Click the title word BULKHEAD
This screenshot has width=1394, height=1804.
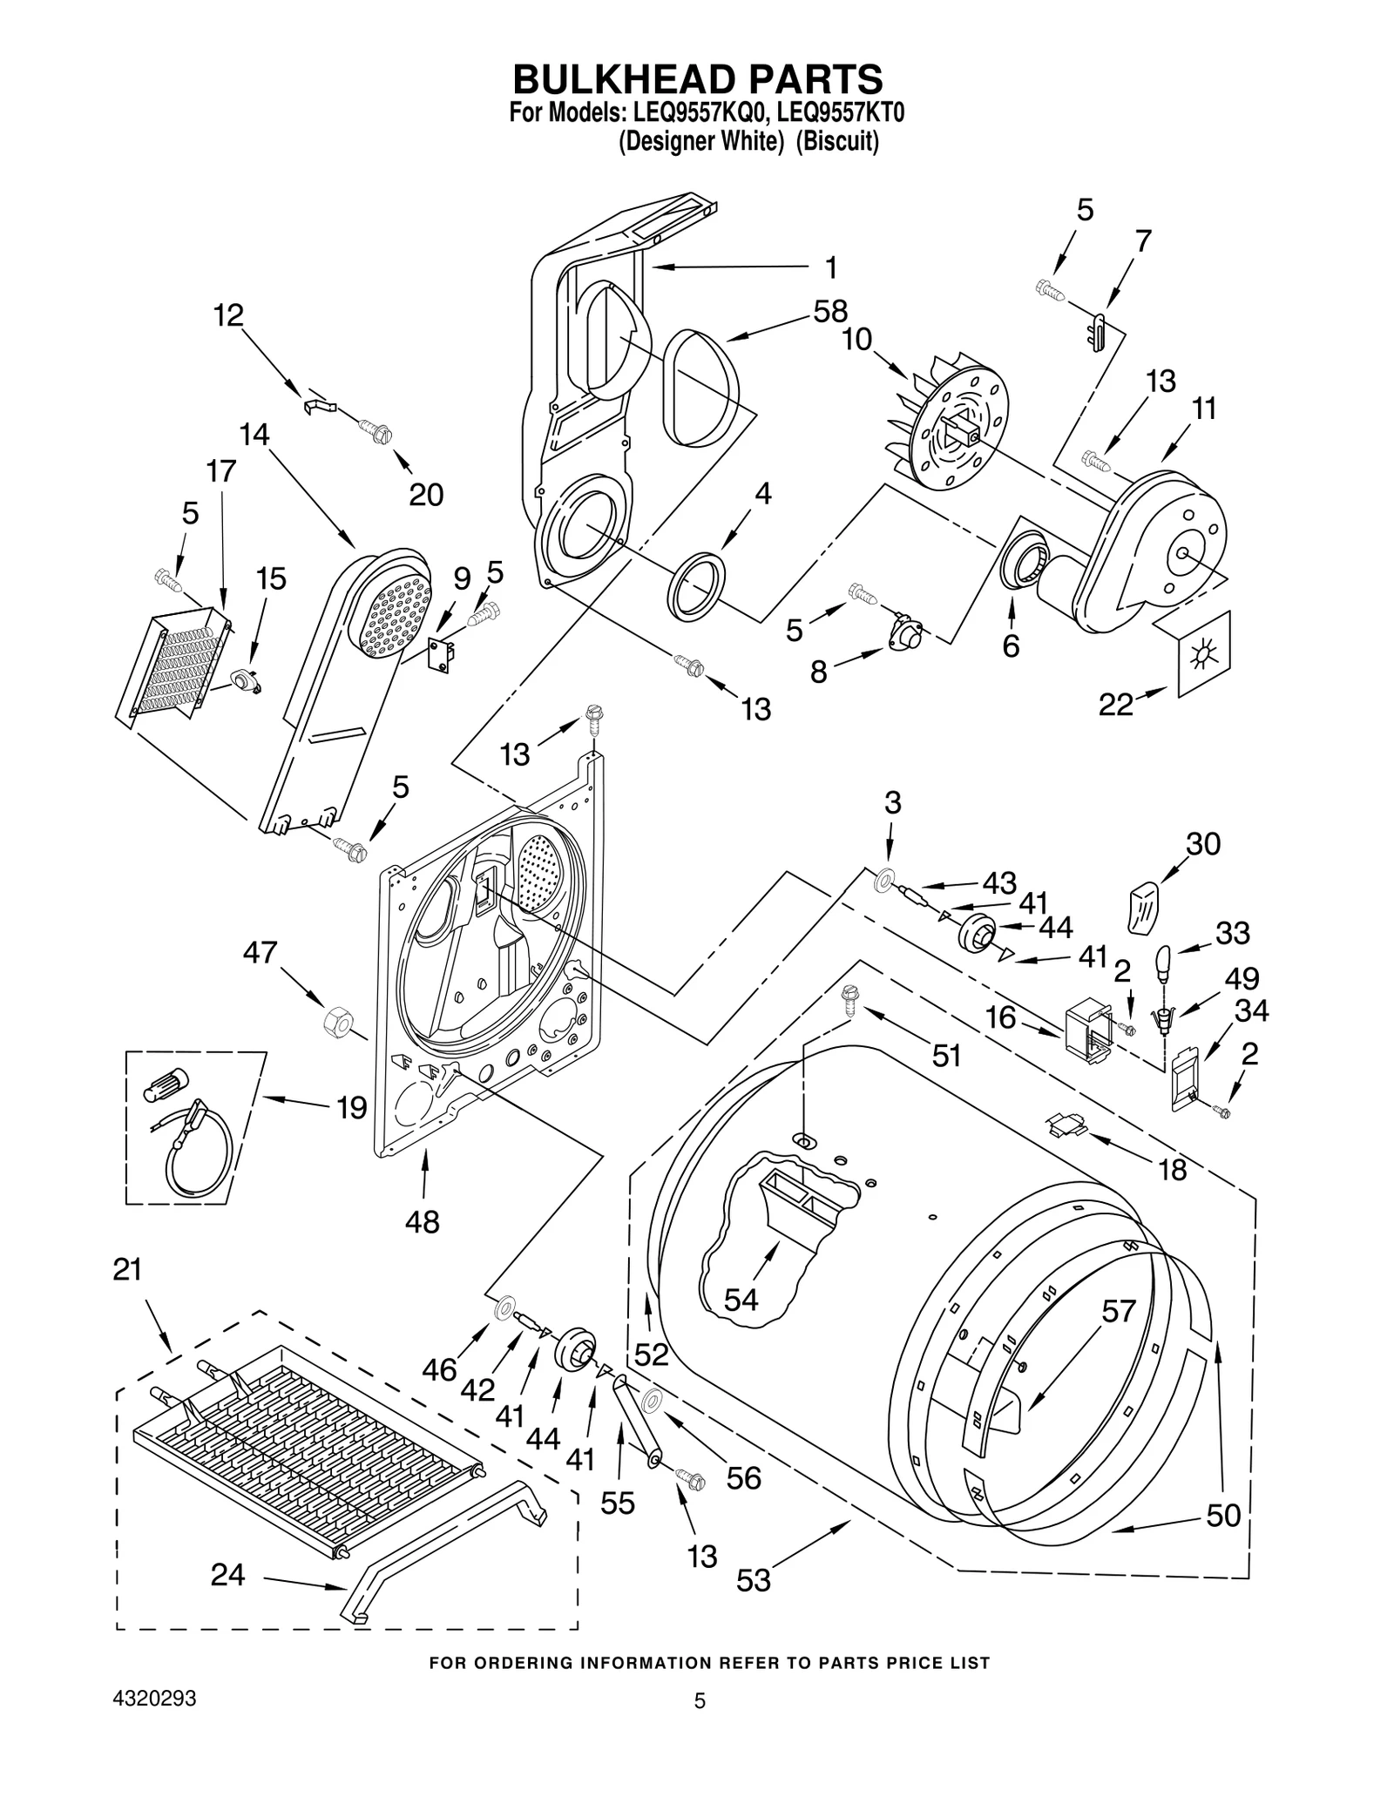click(x=620, y=79)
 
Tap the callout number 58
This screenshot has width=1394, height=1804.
click(x=830, y=311)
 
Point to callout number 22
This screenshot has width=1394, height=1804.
click(x=1115, y=704)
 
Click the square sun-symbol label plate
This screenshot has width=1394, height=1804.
click(x=1204, y=652)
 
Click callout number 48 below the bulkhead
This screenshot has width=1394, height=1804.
click(x=422, y=1221)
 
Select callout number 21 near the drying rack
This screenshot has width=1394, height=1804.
click(x=127, y=1270)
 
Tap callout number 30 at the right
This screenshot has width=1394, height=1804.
click(x=1203, y=843)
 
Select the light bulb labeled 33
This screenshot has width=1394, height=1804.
click(x=1166, y=963)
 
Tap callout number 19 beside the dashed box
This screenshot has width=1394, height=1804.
click(x=352, y=1108)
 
